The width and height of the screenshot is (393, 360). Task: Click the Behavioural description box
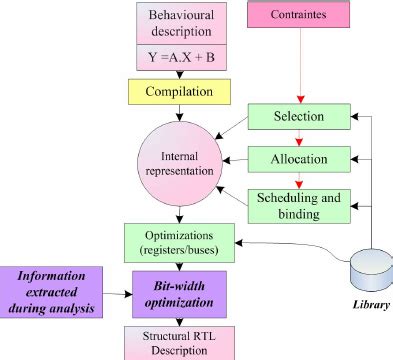point(178,25)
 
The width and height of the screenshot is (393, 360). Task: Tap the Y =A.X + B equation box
point(178,58)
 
